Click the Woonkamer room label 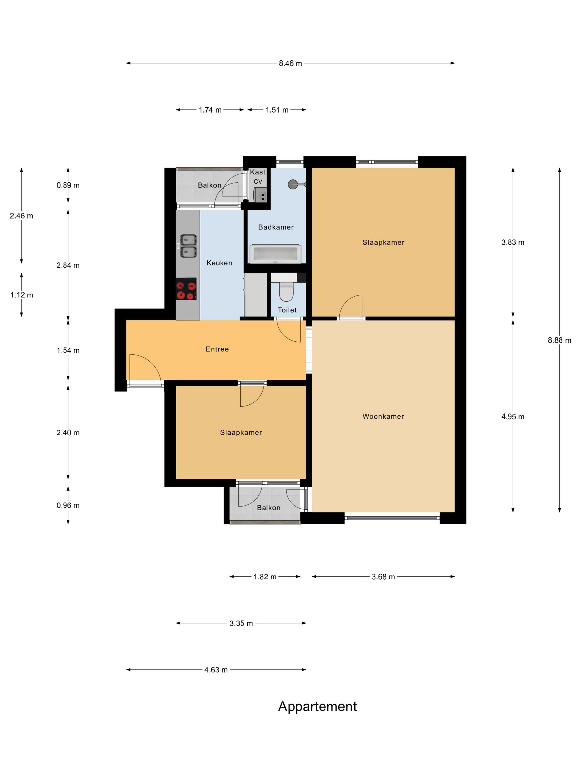pos(383,416)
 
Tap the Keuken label pos(219,263)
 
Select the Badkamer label pos(276,227)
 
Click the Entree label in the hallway pos(217,349)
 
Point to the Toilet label pos(287,310)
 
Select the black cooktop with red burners pos(186,289)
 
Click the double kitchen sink pos(188,246)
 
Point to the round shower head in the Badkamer pos(292,184)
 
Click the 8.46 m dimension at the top pos(290,63)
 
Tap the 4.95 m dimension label pos(513,416)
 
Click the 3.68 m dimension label pos(383,577)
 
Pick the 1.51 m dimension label pos(277,110)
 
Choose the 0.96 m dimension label pos(68,505)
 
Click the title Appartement pos(317,707)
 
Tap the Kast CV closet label pos(258,177)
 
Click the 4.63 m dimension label pos(216,670)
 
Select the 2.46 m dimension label pos(21,216)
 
